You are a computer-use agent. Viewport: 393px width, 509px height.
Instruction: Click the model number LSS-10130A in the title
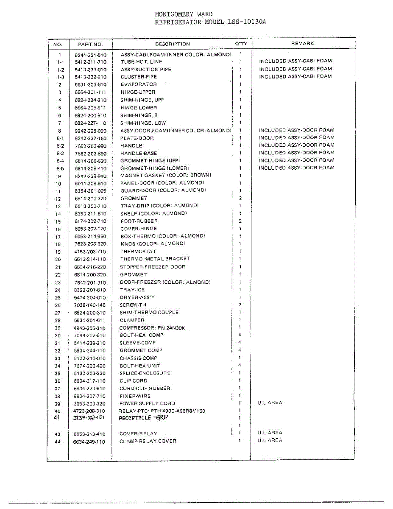click(x=247, y=22)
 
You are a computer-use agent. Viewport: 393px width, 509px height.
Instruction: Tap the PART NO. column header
click(x=90, y=44)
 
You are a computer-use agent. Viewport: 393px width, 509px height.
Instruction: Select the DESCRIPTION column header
click(x=172, y=44)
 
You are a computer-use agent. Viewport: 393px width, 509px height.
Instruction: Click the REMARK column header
click(x=302, y=44)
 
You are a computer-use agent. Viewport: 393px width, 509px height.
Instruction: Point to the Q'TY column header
click(x=241, y=44)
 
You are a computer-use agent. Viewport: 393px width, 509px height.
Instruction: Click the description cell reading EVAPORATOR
click(x=138, y=84)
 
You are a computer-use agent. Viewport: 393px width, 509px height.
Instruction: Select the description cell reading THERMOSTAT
click(x=138, y=252)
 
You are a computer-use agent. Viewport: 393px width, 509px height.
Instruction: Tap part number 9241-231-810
click(x=90, y=55)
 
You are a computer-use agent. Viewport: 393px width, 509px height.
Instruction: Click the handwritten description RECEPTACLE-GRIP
click(x=143, y=418)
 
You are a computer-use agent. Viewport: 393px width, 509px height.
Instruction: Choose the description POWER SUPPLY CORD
click(x=147, y=403)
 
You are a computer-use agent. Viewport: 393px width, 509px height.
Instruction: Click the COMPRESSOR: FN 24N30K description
click(x=152, y=328)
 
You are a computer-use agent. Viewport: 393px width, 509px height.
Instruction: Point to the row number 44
click(x=58, y=442)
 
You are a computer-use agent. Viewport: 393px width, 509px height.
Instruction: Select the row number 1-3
click(x=61, y=77)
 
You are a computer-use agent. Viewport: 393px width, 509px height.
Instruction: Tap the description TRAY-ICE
click(x=132, y=290)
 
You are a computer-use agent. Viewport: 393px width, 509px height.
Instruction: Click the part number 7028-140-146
click(x=90, y=305)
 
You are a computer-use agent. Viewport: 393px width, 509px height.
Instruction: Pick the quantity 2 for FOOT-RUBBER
click(x=240, y=221)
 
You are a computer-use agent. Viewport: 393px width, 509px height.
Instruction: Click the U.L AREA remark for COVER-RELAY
click(x=270, y=433)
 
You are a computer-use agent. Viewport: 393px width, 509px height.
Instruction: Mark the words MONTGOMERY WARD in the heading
click(x=184, y=14)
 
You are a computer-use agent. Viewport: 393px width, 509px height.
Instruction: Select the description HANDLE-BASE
click(x=138, y=153)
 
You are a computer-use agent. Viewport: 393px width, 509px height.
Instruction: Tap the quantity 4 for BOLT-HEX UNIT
click(x=240, y=365)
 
